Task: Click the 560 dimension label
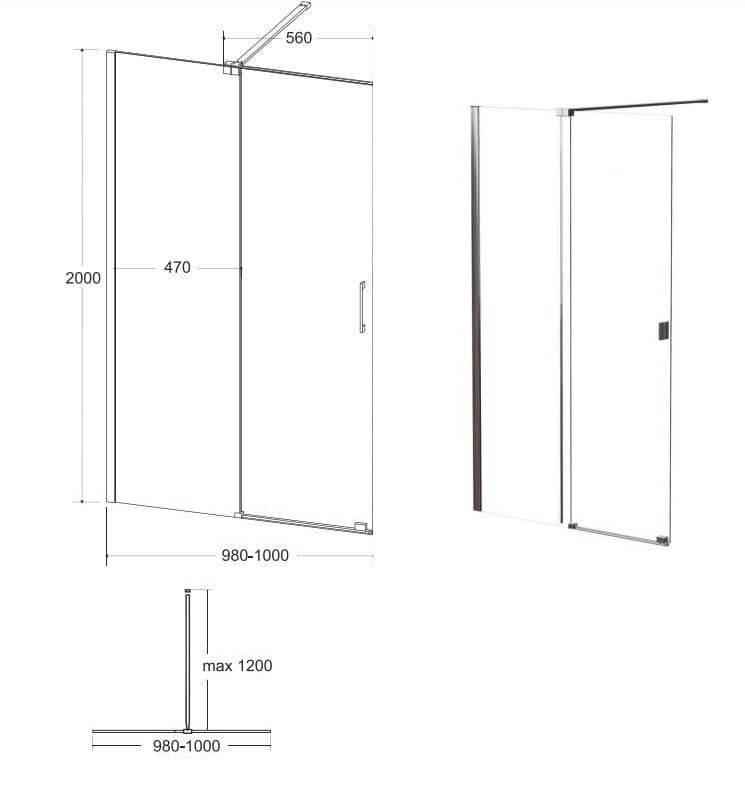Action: click(299, 38)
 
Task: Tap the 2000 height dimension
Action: click(83, 278)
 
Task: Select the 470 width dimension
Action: click(177, 267)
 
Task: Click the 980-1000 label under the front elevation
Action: click(255, 555)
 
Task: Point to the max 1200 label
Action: click(237, 666)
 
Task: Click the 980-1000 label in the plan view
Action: click(187, 746)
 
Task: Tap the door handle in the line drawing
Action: click(362, 307)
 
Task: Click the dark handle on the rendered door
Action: click(664, 331)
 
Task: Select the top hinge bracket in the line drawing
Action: click(233, 68)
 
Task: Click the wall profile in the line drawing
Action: click(111, 276)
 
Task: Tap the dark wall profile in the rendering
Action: click(476, 309)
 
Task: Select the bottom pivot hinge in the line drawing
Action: click(239, 515)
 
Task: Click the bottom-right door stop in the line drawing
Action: click(361, 527)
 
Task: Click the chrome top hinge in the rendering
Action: click(564, 112)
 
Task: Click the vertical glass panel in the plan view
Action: click(188, 661)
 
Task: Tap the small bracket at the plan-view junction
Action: click(188, 731)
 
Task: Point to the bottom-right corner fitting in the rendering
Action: click(663, 540)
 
